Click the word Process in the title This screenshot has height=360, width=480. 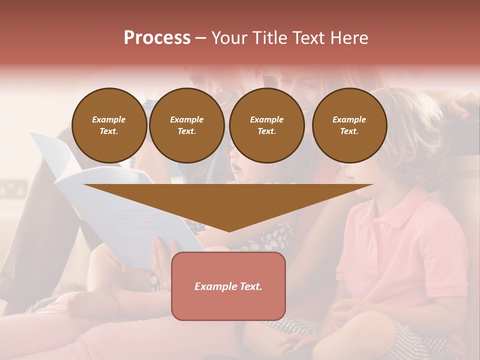(x=157, y=38)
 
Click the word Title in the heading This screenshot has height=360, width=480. (x=269, y=38)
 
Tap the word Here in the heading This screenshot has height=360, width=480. (x=349, y=38)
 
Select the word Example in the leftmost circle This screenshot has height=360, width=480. (x=108, y=119)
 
